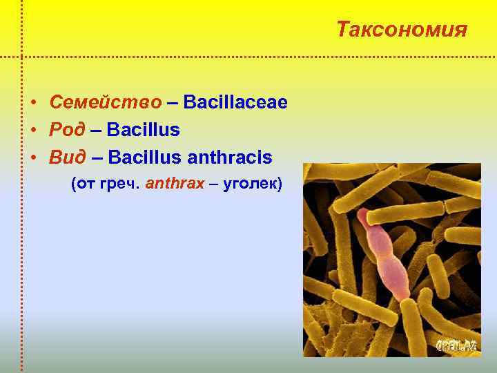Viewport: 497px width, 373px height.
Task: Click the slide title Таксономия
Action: tap(402, 30)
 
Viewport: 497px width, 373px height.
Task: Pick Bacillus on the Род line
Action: tap(144, 130)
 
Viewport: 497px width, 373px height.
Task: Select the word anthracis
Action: tap(228, 157)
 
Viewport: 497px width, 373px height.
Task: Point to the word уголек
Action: tap(251, 185)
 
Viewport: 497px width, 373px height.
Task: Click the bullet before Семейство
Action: tap(33, 103)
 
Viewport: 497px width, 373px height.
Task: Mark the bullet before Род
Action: tap(33, 131)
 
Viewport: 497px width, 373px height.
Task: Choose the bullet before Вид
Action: tap(33, 158)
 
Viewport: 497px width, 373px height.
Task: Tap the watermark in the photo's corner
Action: tap(456, 345)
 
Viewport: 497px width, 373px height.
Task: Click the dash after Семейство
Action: tap(171, 102)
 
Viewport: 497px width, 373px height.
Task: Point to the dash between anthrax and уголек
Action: tap(215, 185)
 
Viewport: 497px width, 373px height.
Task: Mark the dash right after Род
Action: tap(95, 130)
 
